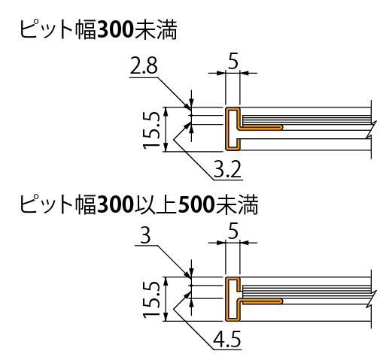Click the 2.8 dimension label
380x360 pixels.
click(x=144, y=65)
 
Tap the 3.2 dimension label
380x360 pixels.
click(x=227, y=169)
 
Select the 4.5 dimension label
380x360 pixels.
click(x=227, y=339)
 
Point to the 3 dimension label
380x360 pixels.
click(x=145, y=235)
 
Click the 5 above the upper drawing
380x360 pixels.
click(x=233, y=61)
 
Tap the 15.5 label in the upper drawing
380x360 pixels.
click(x=151, y=130)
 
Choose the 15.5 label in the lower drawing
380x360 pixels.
click(x=151, y=300)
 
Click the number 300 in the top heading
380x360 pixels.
click(x=116, y=30)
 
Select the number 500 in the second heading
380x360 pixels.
click(x=196, y=205)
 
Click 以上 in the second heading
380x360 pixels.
click(x=156, y=205)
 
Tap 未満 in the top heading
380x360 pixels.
click(x=157, y=30)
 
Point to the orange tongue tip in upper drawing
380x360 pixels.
click(x=281, y=127)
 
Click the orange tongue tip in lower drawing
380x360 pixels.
click(x=281, y=301)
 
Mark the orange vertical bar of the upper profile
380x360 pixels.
click(x=227, y=129)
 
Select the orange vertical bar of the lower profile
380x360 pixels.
click(x=227, y=299)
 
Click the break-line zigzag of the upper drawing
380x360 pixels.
click(x=371, y=129)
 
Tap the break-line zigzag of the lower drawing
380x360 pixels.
click(x=371, y=299)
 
